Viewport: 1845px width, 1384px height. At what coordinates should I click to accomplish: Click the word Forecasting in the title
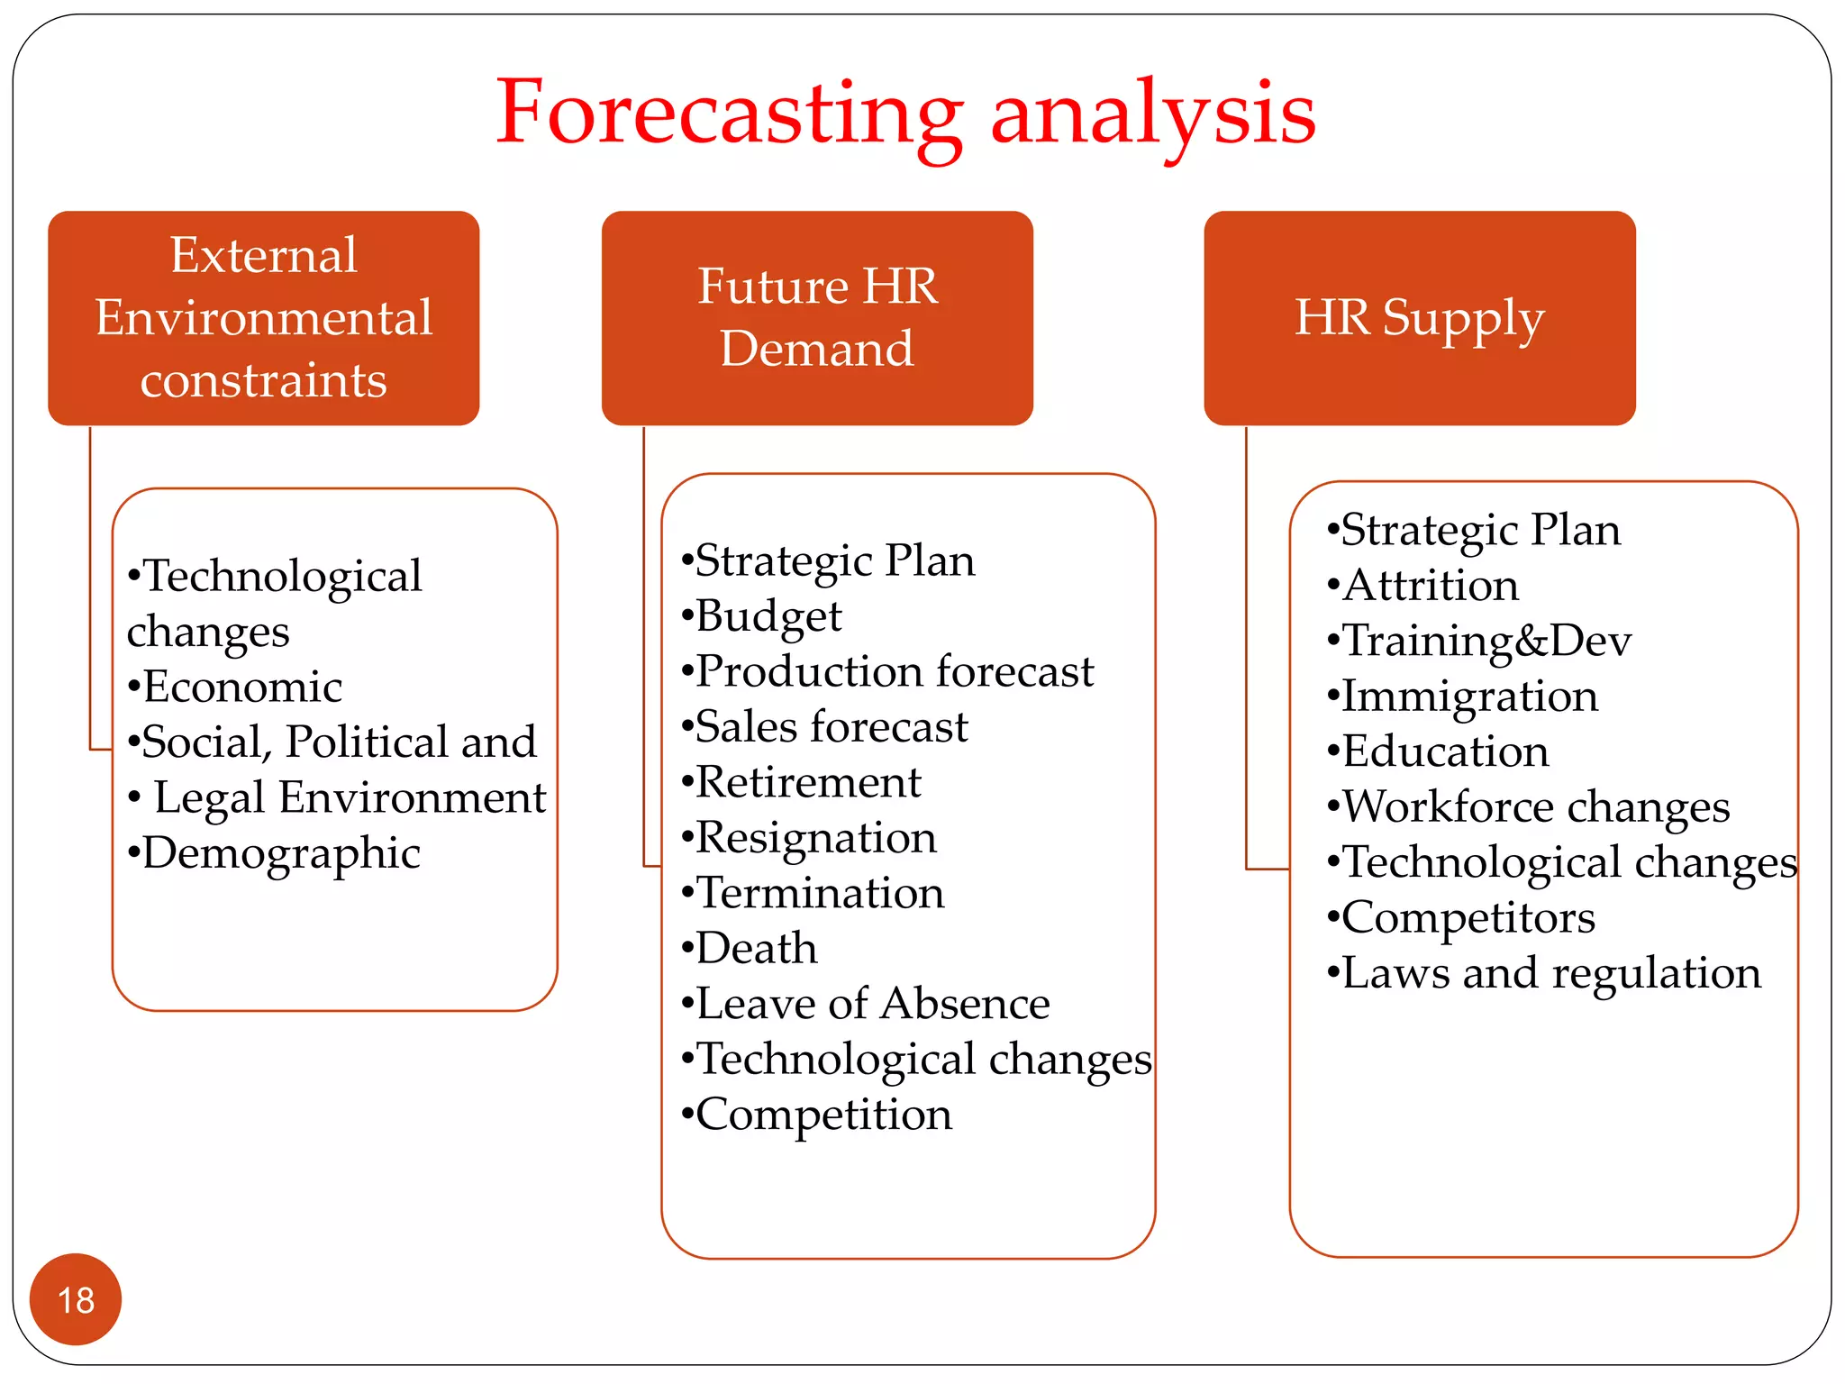[x=730, y=114]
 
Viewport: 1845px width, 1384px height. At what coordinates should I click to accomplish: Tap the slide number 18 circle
[x=76, y=1299]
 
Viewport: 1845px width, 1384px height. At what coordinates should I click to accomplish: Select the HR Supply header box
[x=1419, y=318]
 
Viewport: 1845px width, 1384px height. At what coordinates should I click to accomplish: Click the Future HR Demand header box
[x=817, y=318]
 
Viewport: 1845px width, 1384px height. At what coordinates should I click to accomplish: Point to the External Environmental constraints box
[x=263, y=318]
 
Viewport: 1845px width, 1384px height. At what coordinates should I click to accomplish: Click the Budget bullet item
[x=768, y=617]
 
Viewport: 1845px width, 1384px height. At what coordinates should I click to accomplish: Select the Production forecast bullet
[x=894, y=672]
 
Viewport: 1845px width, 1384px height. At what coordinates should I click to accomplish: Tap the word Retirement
[x=808, y=783]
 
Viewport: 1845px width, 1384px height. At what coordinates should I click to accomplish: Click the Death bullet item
[x=756, y=949]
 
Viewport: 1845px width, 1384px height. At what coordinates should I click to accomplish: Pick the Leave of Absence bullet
[x=872, y=1005]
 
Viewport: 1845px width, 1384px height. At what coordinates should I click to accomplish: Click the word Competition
[x=823, y=1115]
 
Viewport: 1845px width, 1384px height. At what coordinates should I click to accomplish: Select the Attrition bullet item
[x=1430, y=587]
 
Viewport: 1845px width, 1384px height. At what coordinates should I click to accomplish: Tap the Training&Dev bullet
[x=1486, y=642]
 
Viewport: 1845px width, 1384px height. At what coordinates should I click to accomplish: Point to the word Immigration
[x=1469, y=697]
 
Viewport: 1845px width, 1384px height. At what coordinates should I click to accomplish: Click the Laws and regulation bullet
[x=1550, y=974]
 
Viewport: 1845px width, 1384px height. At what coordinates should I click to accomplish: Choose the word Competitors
[x=1468, y=918]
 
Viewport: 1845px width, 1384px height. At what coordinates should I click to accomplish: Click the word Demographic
[x=280, y=854]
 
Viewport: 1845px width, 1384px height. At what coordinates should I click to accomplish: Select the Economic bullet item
[x=241, y=687]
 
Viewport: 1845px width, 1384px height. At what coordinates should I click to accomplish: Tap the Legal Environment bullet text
[x=349, y=798]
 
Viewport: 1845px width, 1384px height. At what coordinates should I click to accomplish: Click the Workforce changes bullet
[x=1535, y=807]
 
